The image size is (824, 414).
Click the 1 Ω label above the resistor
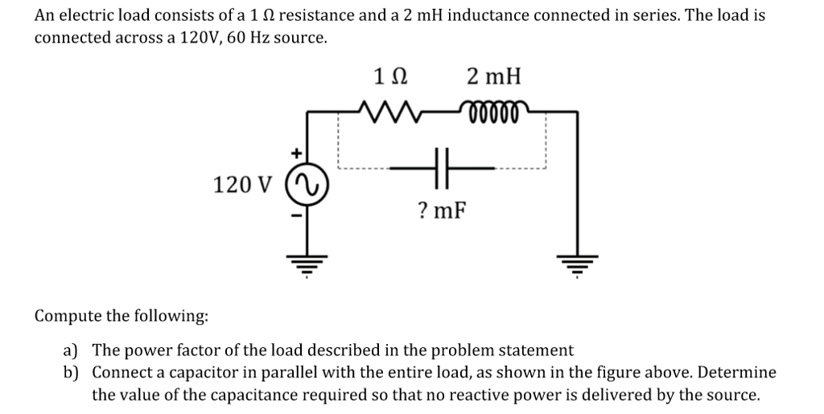point(391,77)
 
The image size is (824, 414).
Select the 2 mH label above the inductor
point(493,77)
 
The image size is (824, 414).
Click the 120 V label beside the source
point(243,186)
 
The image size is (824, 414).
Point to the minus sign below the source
point(296,215)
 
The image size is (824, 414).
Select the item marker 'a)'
point(71,350)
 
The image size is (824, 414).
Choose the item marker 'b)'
point(71,373)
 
